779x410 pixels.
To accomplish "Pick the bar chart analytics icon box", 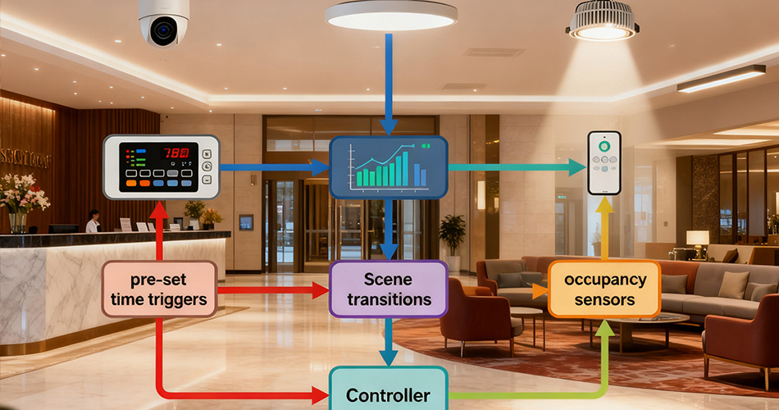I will pos(389,166).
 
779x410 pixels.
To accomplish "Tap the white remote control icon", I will pos(604,162).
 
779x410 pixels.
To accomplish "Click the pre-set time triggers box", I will pos(159,289).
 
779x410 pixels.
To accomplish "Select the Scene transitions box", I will pos(389,289).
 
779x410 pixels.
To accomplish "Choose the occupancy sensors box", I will pos(604,289).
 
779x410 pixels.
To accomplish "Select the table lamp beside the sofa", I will pos(698,242).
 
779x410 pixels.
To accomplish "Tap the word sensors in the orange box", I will pos(604,300).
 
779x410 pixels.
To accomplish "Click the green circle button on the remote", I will pos(604,147).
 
